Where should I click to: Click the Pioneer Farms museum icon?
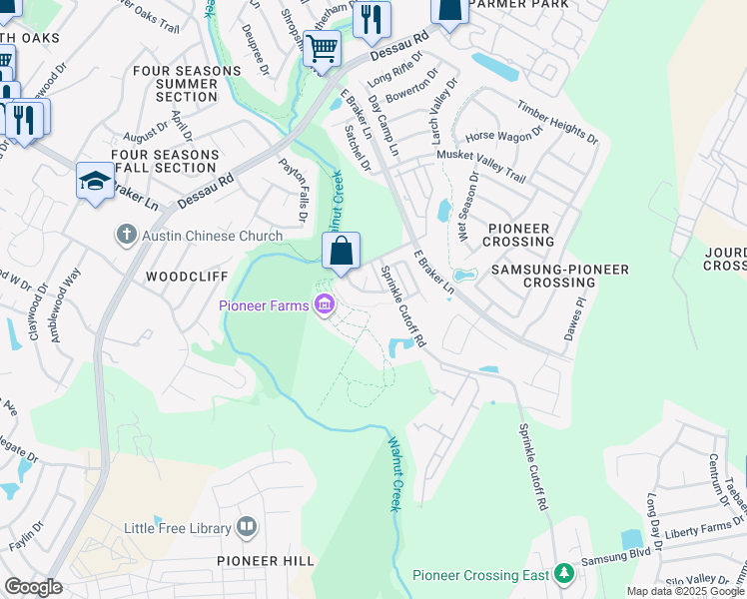pos(324,304)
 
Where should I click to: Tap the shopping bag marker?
pos(341,252)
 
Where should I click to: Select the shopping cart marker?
pos(322,47)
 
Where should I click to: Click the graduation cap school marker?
pos(95,180)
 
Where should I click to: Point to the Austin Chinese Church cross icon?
pos(126,235)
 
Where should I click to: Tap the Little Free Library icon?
pos(247,527)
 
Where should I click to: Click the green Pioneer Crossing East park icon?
pos(564,574)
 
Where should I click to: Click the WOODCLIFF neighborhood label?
pos(188,276)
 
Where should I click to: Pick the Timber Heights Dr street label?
pos(556,122)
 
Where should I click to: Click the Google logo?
pos(33,587)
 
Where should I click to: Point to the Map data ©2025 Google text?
pos(684,591)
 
